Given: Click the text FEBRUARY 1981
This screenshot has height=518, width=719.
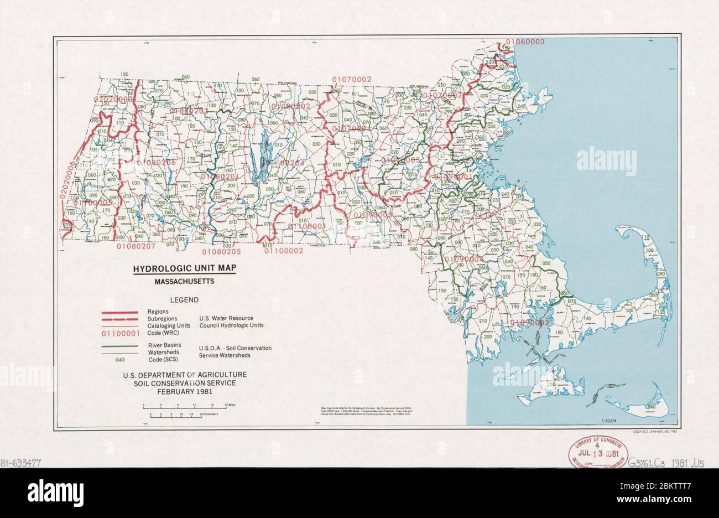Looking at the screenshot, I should [185, 391].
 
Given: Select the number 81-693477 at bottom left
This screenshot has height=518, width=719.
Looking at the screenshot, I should [23, 461].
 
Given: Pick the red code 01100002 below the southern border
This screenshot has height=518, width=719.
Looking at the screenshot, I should [284, 251].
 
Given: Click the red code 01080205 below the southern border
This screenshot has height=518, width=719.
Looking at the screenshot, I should [221, 252].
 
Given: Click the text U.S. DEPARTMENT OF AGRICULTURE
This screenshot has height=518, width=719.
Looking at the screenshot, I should [185, 375].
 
